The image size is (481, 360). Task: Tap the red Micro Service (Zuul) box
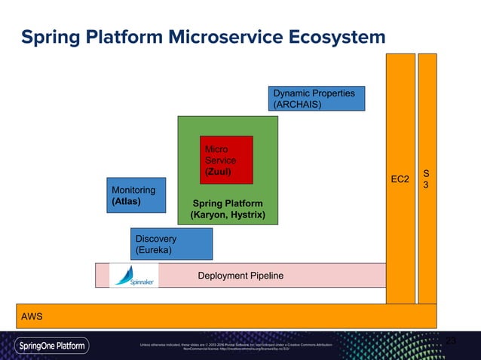pos(225,160)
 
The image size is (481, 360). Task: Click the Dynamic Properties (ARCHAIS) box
pos(317,99)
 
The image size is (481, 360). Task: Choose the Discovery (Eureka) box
pos(171,244)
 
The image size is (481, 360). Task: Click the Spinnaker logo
pos(133,276)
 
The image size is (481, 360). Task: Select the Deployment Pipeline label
pos(240,276)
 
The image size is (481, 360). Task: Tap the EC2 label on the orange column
pos(400,179)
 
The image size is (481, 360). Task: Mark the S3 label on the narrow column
pos(427,178)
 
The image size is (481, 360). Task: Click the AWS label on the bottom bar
pos(32,316)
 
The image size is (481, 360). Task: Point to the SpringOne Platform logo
pos(53,346)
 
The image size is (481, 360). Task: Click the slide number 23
pos(451,342)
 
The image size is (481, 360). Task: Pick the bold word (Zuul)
pos(218,172)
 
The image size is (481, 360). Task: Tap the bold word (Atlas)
pos(127,202)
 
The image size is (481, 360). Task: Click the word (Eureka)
pos(153,250)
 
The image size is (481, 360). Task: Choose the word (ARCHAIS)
pos(297,105)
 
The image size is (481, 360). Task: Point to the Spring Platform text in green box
pos(228,204)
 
